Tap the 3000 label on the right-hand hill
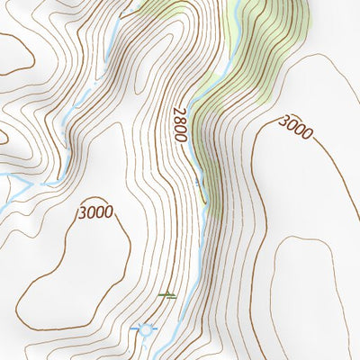(294, 127)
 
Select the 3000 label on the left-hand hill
(94, 213)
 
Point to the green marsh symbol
(167, 293)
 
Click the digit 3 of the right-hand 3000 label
(283, 121)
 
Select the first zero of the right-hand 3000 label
(291, 125)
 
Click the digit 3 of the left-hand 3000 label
(82, 213)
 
